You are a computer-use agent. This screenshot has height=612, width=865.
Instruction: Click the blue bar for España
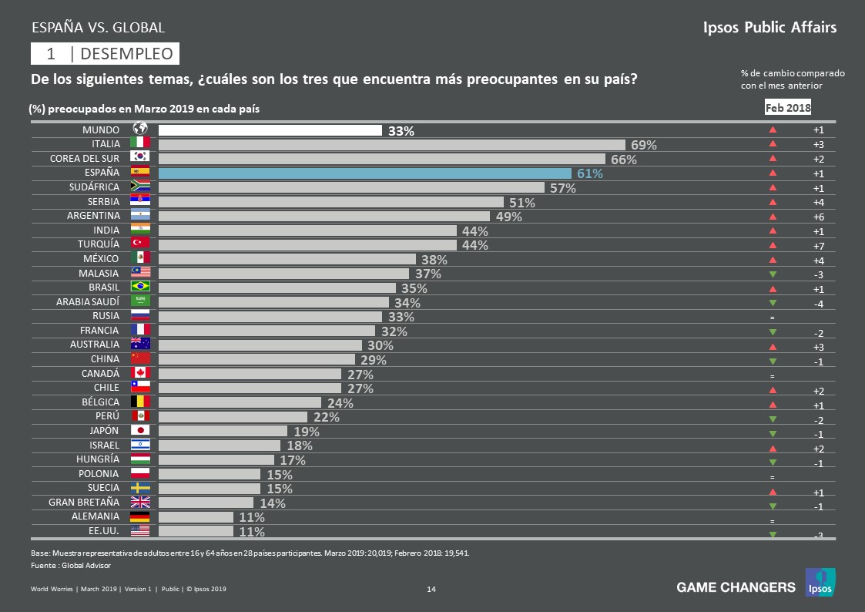[x=364, y=173]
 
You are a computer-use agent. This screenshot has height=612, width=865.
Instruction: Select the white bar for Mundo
[x=270, y=130]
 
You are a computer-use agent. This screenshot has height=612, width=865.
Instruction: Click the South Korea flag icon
[x=140, y=159]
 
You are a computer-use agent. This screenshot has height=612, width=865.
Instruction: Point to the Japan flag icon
[x=140, y=431]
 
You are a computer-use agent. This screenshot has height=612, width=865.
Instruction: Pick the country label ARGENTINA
[x=95, y=216]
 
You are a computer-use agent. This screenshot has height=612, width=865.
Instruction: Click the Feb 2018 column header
[x=788, y=108]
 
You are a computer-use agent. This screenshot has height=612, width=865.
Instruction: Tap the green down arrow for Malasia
[x=773, y=274]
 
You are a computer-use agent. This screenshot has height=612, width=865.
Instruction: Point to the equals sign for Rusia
[x=772, y=318]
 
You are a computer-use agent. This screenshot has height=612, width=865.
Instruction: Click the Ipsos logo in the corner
[x=820, y=583]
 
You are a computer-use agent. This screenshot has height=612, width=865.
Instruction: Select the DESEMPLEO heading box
[x=106, y=53]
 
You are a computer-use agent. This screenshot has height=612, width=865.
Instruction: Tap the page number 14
[x=431, y=590]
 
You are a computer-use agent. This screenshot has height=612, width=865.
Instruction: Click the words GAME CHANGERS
[x=736, y=587]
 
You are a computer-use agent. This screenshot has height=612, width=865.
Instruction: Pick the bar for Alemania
[x=196, y=517]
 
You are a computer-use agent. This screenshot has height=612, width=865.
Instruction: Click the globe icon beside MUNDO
[x=140, y=129]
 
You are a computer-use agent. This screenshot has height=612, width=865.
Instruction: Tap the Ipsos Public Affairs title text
[x=769, y=28]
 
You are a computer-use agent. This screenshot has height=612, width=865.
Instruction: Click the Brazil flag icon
[x=140, y=288]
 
